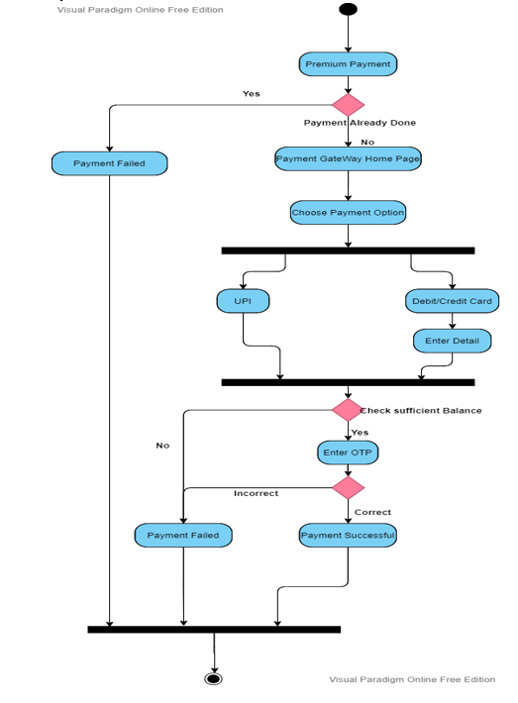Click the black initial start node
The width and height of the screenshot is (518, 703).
pyautogui.click(x=348, y=9)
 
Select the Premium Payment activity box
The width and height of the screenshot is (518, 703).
pyautogui.click(x=348, y=64)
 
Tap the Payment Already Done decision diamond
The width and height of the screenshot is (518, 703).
pyautogui.click(x=348, y=105)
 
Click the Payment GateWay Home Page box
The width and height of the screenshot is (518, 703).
pyautogui.click(x=348, y=158)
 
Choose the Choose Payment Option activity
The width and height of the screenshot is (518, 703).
pyautogui.click(x=348, y=213)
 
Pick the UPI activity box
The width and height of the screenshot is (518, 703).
pyautogui.click(x=243, y=301)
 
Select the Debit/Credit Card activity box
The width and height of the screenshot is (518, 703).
pyautogui.click(x=452, y=301)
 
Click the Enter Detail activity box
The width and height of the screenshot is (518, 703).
pyautogui.click(x=452, y=341)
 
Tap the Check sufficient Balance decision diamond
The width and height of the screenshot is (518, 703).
pyautogui.click(x=348, y=410)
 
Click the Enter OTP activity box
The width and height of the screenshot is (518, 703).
pyautogui.click(x=348, y=452)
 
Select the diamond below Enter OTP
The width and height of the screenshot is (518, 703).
pyautogui.click(x=348, y=488)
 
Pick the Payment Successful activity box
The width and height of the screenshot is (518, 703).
pyautogui.click(x=348, y=536)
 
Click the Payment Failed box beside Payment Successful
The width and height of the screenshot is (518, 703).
pyautogui.click(x=183, y=536)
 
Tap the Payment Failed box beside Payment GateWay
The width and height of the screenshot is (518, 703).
pyautogui.click(x=109, y=163)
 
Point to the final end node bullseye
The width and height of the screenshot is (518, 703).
pyautogui.click(x=214, y=679)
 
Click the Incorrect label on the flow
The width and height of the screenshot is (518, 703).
pyautogui.click(x=257, y=493)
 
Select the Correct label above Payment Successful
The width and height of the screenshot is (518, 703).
pyautogui.click(x=372, y=512)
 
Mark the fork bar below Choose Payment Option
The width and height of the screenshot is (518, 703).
pyautogui.click(x=348, y=251)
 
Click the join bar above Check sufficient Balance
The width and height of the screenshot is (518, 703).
pyautogui.click(x=348, y=382)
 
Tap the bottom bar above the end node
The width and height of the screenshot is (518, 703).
pyautogui.click(x=214, y=630)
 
